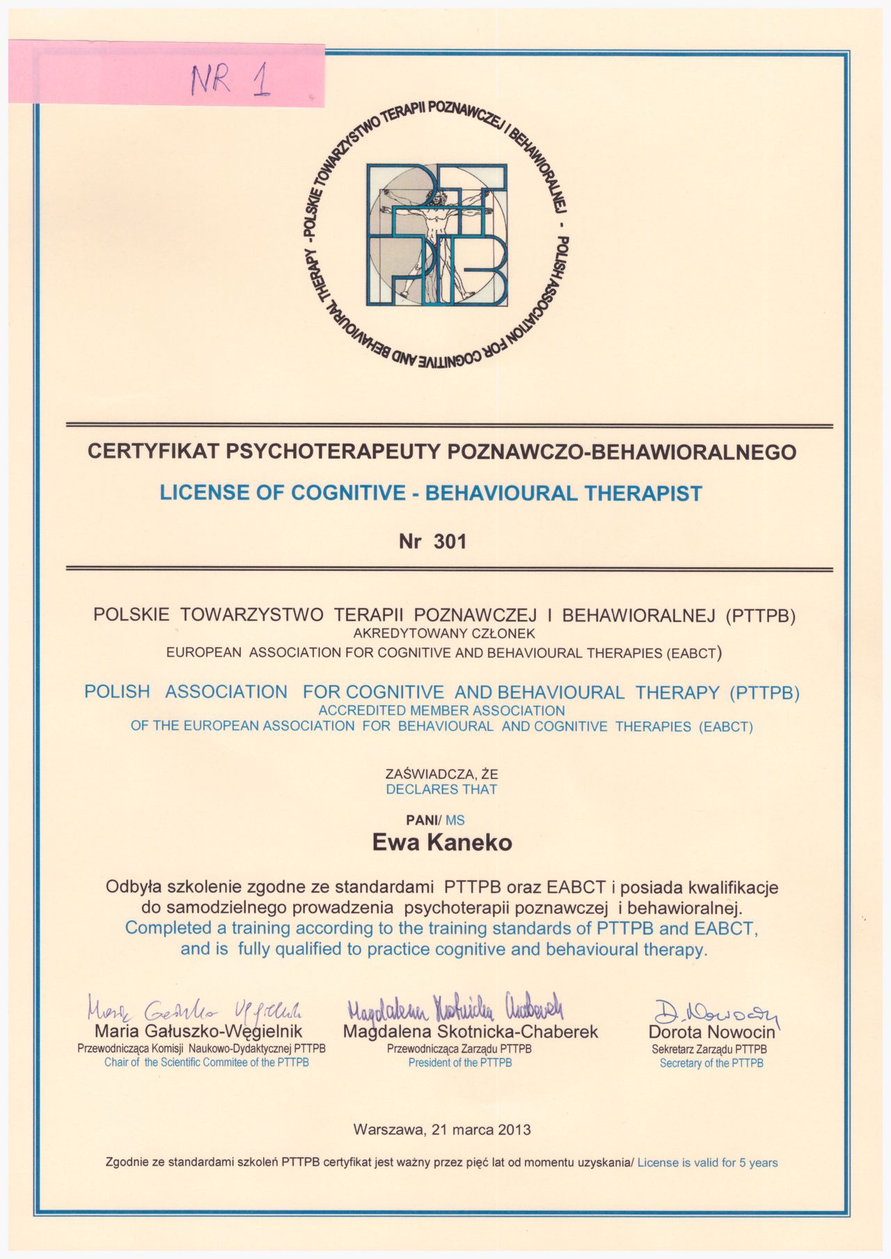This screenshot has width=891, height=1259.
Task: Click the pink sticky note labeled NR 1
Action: click(x=167, y=74)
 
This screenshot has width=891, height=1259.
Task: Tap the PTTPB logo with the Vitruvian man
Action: click(x=437, y=235)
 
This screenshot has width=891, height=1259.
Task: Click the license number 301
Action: click(x=450, y=541)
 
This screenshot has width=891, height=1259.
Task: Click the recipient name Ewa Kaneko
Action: click(x=442, y=843)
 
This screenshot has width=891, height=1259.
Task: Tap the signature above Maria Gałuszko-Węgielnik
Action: click(x=194, y=1008)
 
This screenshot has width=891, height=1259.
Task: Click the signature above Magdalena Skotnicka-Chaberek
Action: click(x=455, y=1006)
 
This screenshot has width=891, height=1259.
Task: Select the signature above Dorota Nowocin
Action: click(x=716, y=1010)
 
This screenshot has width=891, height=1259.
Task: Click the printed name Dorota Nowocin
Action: click(x=711, y=1032)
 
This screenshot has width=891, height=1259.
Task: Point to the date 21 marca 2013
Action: click(x=481, y=1130)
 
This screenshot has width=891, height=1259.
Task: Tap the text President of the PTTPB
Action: click(x=460, y=1063)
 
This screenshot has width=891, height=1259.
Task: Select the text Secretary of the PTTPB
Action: click(x=711, y=1063)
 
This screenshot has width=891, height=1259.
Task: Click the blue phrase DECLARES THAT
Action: click(x=441, y=789)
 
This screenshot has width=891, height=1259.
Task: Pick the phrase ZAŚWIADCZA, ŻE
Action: click(x=441, y=773)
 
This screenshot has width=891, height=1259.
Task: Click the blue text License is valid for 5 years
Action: click(x=707, y=1162)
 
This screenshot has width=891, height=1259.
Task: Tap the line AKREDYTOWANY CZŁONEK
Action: click(x=443, y=633)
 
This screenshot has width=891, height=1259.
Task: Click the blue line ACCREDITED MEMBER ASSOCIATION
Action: click(x=441, y=711)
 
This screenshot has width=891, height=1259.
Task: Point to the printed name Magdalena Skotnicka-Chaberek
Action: click(x=470, y=1031)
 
